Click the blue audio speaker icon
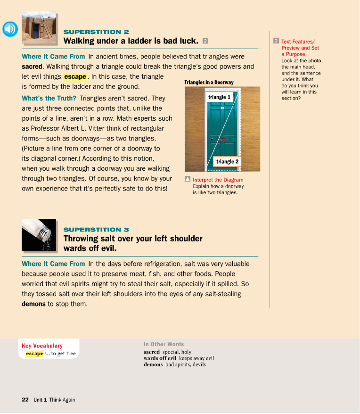pyautogui.click(x=10, y=30)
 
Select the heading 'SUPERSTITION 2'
pyautogui.click(x=96, y=32)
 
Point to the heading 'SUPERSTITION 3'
pyautogui.click(x=96, y=230)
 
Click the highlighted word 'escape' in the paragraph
pyautogui.click(x=75, y=77)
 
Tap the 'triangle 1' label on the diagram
pyautogui.click(x=220, y=97)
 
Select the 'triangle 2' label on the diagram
pyautogui.click(x=227, y=162)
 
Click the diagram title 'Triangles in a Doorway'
pyautogui.click(x=209, y=83)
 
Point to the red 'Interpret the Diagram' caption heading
pyautogui.click(x=218, y=180)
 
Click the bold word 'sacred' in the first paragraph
pyautogui.click(x=33, y=66)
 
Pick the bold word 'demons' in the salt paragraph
pyautogui.click(x=34, y=304)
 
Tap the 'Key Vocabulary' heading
pyautogui.click(x=42, y=346)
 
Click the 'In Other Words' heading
pyautogui.click(x=164, y=344)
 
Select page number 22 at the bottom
pyautogui.click(x=25, y=400)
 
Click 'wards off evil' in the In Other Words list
pyautogui.click(x=160, y=358)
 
